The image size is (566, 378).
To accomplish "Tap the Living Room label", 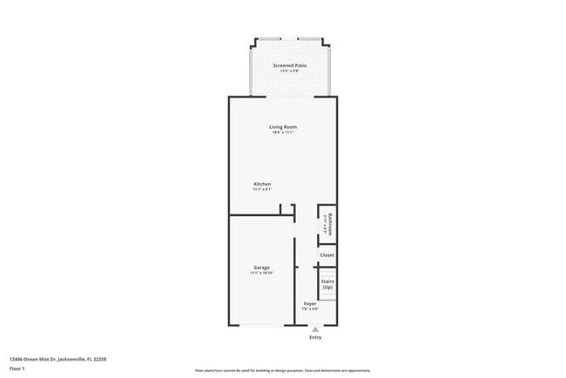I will (x=283, y=127).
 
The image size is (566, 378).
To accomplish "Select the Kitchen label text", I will (x=262, y=184).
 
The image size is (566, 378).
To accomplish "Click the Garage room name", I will (x=261, y=267).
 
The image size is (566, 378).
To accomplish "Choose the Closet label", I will (x=327, y=255).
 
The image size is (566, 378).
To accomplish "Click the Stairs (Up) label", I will (x=327, y=284).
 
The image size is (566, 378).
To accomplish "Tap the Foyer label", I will (x=309, y=303).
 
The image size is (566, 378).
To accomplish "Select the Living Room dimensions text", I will (x=283, y=133).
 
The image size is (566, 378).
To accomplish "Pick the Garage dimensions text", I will (x=261, y=273).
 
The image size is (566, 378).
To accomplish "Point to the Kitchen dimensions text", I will (x=262, y=190).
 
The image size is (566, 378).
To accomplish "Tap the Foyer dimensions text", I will (x=309, y=309).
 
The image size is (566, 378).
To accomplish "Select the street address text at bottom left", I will (x=58, y=358).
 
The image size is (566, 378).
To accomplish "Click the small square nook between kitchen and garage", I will (x=286, y=209).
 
